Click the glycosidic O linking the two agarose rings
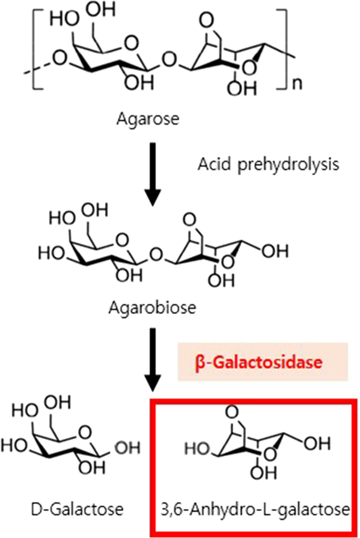(x=168, y=61)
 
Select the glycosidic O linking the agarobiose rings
(x=154, y=256)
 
